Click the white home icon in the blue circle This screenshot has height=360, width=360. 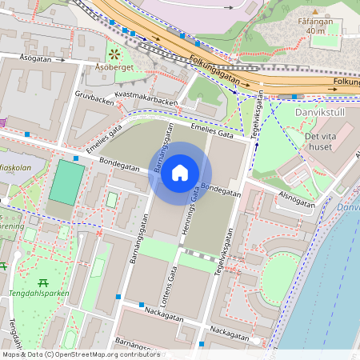[x=180, y=173]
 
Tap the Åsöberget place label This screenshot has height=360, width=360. [x=114, y=69]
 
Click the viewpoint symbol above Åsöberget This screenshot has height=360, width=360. [x=115, y=54]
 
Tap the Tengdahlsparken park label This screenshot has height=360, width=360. [x=40, y=293]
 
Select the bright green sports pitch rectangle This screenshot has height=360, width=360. [x=63, y=182]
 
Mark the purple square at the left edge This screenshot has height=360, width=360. [x=3, y=122]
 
